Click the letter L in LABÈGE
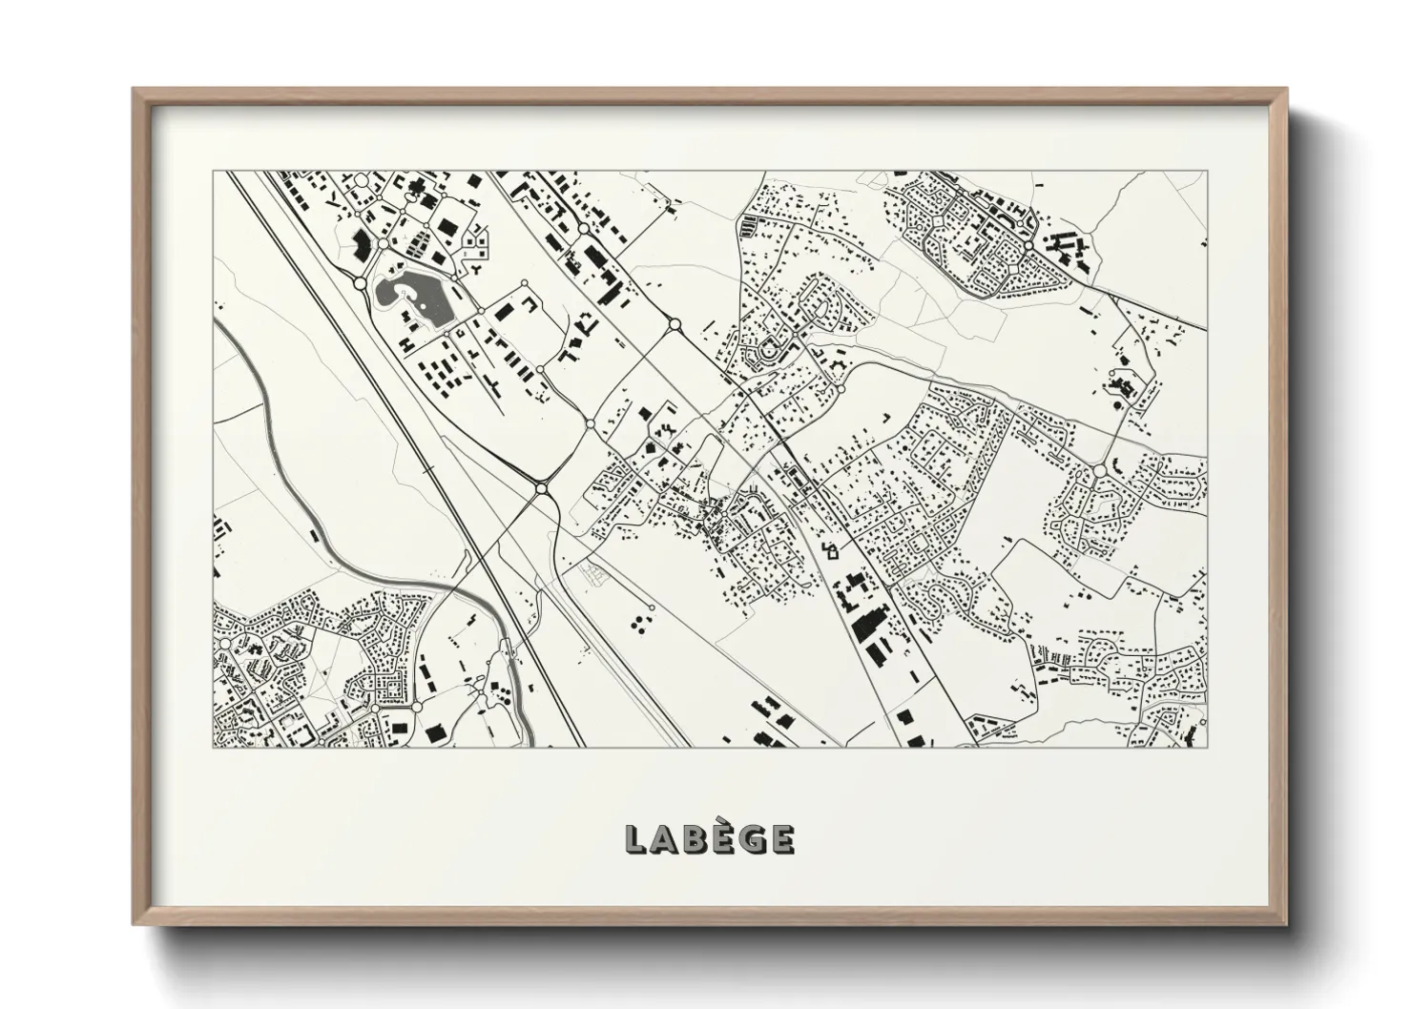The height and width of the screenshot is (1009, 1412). coord(636,839)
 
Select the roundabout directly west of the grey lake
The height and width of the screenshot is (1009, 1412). coord(360,283)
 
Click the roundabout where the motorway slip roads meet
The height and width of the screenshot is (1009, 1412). coord(541,488)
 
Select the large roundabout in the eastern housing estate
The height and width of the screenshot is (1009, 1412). coord(1099,471)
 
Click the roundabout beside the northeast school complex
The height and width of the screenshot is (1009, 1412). coord(1028,245)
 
